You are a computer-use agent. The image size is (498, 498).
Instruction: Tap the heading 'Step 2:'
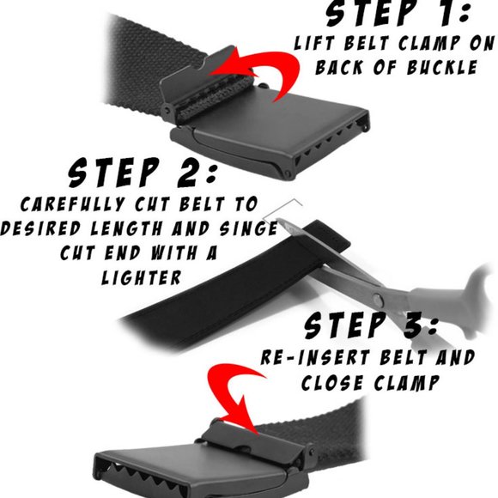tap(143, 173)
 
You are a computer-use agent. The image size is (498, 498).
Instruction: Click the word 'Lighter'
tap(142, 277)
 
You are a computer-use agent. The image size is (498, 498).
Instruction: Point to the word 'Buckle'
tap(442, 67)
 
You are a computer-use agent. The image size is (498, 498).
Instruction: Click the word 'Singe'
tap(249, 228)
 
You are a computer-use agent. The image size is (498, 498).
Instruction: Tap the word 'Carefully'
tap(72, 203)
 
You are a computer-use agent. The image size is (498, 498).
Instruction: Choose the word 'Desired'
tap(40, 228)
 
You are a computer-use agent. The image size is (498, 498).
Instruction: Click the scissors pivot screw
tap(378, 299)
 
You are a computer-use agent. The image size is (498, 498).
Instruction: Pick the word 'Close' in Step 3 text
tap(333, 382)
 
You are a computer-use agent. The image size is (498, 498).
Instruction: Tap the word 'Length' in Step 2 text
tap(126, 228)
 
